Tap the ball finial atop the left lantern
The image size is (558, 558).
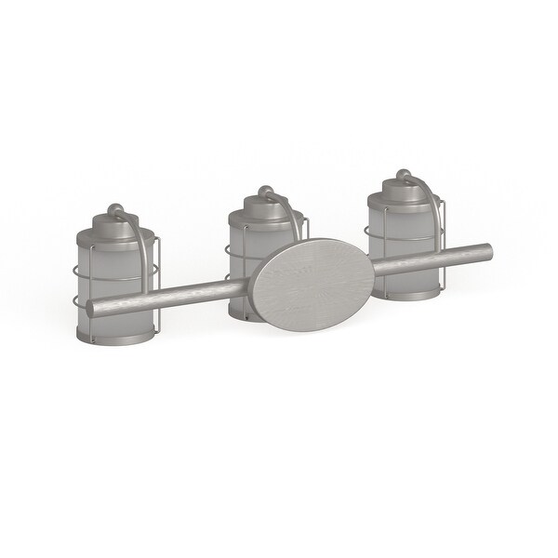click(x=114, y=208)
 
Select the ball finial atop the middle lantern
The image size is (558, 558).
click(x=264, y=192)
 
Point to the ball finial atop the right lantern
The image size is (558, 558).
click(x=403, y=174)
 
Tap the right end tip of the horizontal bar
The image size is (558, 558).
click(x=487, y=250)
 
